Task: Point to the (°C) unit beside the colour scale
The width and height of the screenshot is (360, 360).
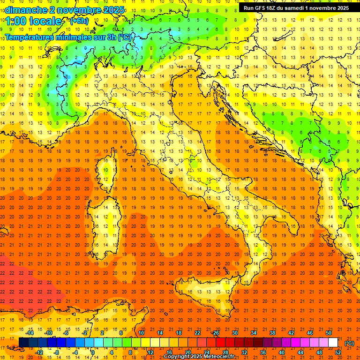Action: [x=349, y=343]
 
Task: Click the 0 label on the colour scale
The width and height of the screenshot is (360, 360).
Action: [x=93, y=352]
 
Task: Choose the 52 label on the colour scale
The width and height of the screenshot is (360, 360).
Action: [x=338, y=352]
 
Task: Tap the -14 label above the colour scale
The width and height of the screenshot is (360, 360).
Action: [x=30, y=333]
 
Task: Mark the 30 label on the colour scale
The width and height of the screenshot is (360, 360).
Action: [x=234, y=333]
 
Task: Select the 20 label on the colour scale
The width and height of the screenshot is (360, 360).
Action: [x=187, y=352]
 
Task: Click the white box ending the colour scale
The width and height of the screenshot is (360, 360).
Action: [x=333, y=343]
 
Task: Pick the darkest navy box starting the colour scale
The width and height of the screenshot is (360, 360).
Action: [x=23, y=343]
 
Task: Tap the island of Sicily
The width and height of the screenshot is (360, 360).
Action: [x=202, y=291]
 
